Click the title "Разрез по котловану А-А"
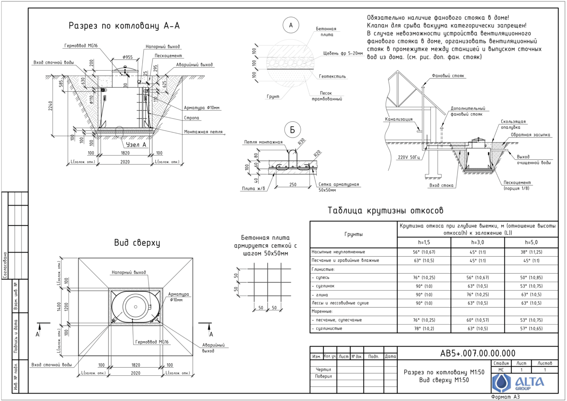click(124, 26)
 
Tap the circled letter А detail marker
click(291, 25)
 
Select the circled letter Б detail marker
click(292, 130)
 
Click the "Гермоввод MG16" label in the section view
click(81, 46)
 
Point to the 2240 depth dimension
click(50, 106)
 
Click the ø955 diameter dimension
click(128, 57)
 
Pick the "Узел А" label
click(136, 145)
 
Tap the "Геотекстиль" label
click(332, 76)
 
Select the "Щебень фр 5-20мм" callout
click(343, 53)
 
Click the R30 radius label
click(302, 141)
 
